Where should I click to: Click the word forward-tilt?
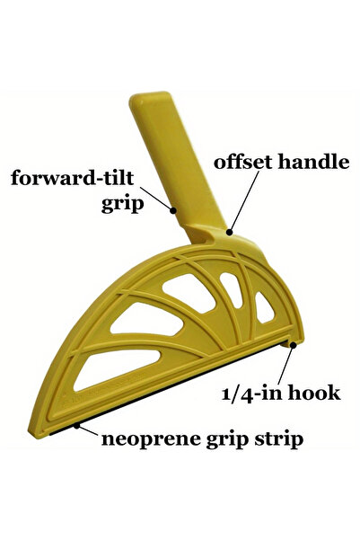click(72, 178)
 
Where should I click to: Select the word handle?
click(314, 162)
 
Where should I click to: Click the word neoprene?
click(151, 439)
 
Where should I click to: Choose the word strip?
click(278, 439)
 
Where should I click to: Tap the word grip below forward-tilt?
click(122, 204)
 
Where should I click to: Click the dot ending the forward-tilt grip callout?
click(173, 209)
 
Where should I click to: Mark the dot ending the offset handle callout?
click(230, 232)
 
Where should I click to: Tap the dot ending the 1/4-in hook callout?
click(294, 344)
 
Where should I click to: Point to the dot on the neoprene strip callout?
click(76, 426)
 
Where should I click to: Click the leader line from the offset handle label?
click(244, 200)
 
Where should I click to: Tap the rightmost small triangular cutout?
click(264, 308)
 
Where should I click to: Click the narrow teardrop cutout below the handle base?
click(232, 288)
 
